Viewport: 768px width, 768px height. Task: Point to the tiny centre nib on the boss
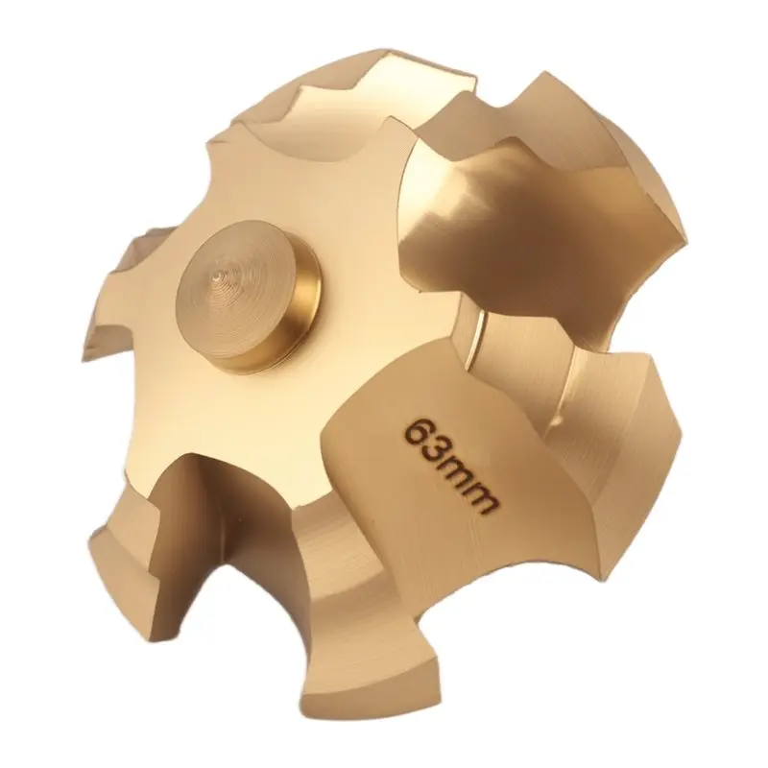216,277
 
